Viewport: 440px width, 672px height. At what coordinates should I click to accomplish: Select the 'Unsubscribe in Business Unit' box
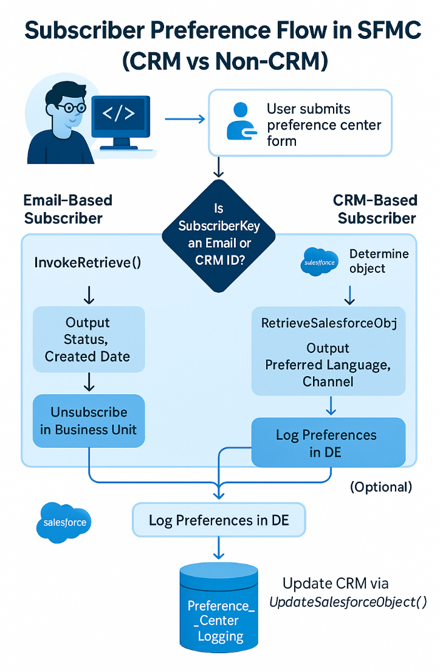click(89, 421)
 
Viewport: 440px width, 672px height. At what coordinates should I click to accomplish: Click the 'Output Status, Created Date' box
click(88, 339)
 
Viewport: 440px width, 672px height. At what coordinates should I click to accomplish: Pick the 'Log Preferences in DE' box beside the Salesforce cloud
click(219, 521)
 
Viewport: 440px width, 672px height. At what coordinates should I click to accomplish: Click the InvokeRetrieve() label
click(88, 262)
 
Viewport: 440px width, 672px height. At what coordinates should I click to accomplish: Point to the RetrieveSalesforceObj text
click(329, 323)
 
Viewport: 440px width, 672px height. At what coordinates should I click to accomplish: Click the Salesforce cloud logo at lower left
click(64, 522)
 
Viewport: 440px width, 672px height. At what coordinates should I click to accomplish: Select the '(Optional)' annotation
click(381, 487)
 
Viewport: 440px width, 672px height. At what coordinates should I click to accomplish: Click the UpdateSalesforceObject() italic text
click(348, 602)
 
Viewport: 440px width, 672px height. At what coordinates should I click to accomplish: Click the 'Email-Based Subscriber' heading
click(67, 209)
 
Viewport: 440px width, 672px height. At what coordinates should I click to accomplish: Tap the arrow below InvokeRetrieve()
click(89, 295)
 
